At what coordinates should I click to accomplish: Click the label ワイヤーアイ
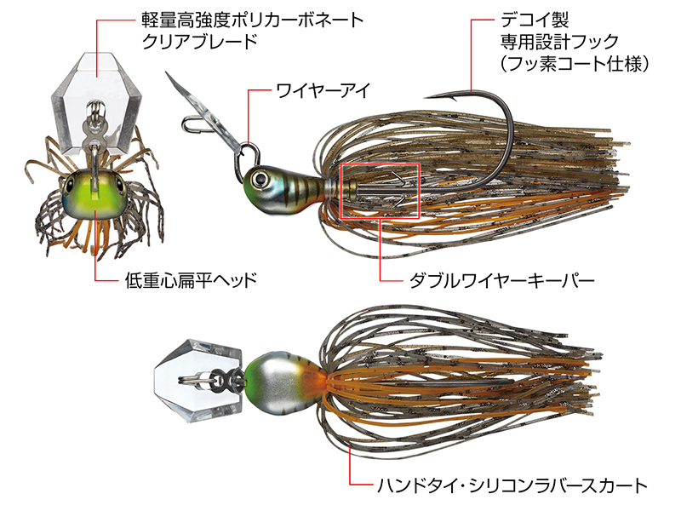(323, 91)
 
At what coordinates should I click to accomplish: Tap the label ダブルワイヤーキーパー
(501, 281)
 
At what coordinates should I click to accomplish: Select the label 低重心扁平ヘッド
(191, 280)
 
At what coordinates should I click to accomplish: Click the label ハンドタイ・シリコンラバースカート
(512, 485)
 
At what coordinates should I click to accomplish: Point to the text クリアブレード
(200, 41)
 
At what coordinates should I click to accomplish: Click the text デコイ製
(535, 20)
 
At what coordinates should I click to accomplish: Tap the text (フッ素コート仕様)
(574, 64)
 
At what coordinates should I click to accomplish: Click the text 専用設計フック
(559, 42)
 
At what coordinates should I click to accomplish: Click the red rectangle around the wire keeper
(380, 164)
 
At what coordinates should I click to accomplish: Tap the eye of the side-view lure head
(260, 179)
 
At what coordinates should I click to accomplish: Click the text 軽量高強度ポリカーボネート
(253, 20)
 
